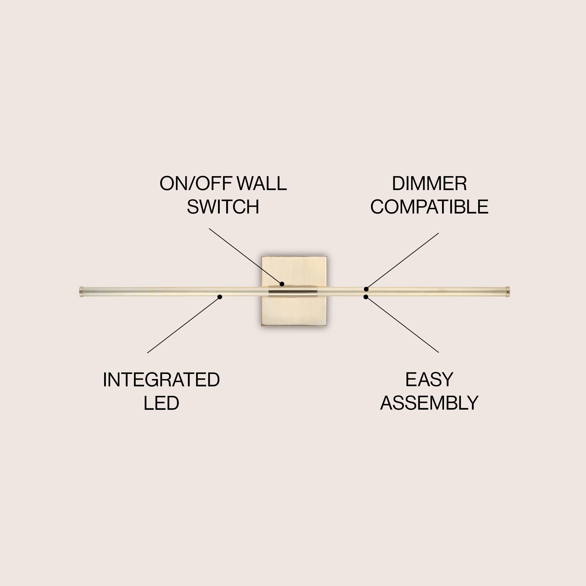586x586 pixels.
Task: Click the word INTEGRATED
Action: click(161, 380)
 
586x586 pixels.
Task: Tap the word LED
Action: click(161, 403)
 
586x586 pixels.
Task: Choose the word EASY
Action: click(429, 380)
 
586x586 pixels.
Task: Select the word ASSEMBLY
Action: click(429, 403)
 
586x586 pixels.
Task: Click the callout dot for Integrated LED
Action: click(220, 297)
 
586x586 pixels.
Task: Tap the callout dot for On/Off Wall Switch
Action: click(282, 284)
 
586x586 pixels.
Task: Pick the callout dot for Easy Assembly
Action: click(366, 297)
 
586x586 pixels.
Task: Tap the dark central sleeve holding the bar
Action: click(293, 291)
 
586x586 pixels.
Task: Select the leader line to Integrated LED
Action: click(183, 325)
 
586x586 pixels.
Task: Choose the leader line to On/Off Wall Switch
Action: click(245, 256)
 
